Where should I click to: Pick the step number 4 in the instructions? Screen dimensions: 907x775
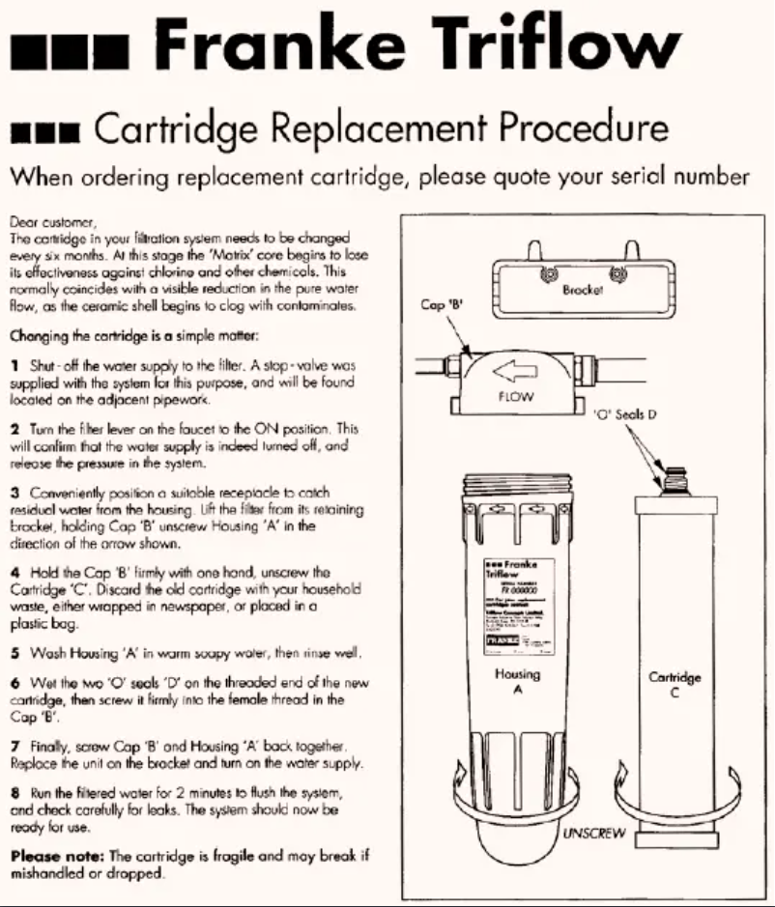(14, 574)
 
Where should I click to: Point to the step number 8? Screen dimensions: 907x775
(14, 794)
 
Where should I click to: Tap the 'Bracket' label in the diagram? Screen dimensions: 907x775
(583, 289)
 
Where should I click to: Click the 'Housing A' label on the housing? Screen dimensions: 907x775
(517, 683)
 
